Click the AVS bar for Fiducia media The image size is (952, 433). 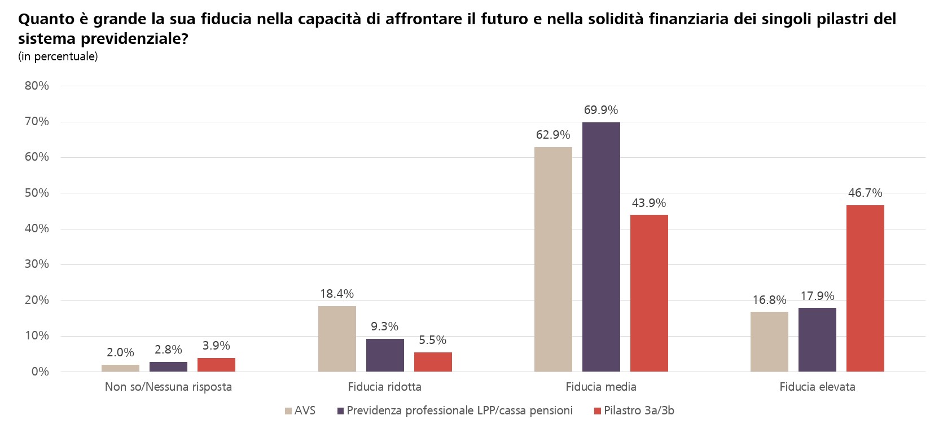coord(553,259)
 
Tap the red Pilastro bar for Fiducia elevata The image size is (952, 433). coord(865,288)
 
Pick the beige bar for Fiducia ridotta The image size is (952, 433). coord(337,339)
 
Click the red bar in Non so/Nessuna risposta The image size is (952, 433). coord(216,365)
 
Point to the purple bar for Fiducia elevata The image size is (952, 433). coord(817,339)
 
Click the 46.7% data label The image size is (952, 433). coord(865,193)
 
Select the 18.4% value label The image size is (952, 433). coord(337,294)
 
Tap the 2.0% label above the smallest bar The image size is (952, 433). coord(120,352)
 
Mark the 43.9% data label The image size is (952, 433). coord(649,203)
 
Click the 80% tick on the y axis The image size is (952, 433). coord(37,86)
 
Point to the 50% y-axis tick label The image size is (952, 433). coord(37,193)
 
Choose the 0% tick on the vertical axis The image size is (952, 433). coord(40,372)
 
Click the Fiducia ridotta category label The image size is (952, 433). coord(384,387)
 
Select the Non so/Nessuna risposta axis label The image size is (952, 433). coord(168,387)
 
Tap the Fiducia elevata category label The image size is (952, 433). coord(817,387)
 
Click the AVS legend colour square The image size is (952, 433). coord(288,411)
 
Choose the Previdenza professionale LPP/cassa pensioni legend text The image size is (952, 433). coord(459,410)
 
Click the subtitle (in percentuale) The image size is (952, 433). coord(58,56)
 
